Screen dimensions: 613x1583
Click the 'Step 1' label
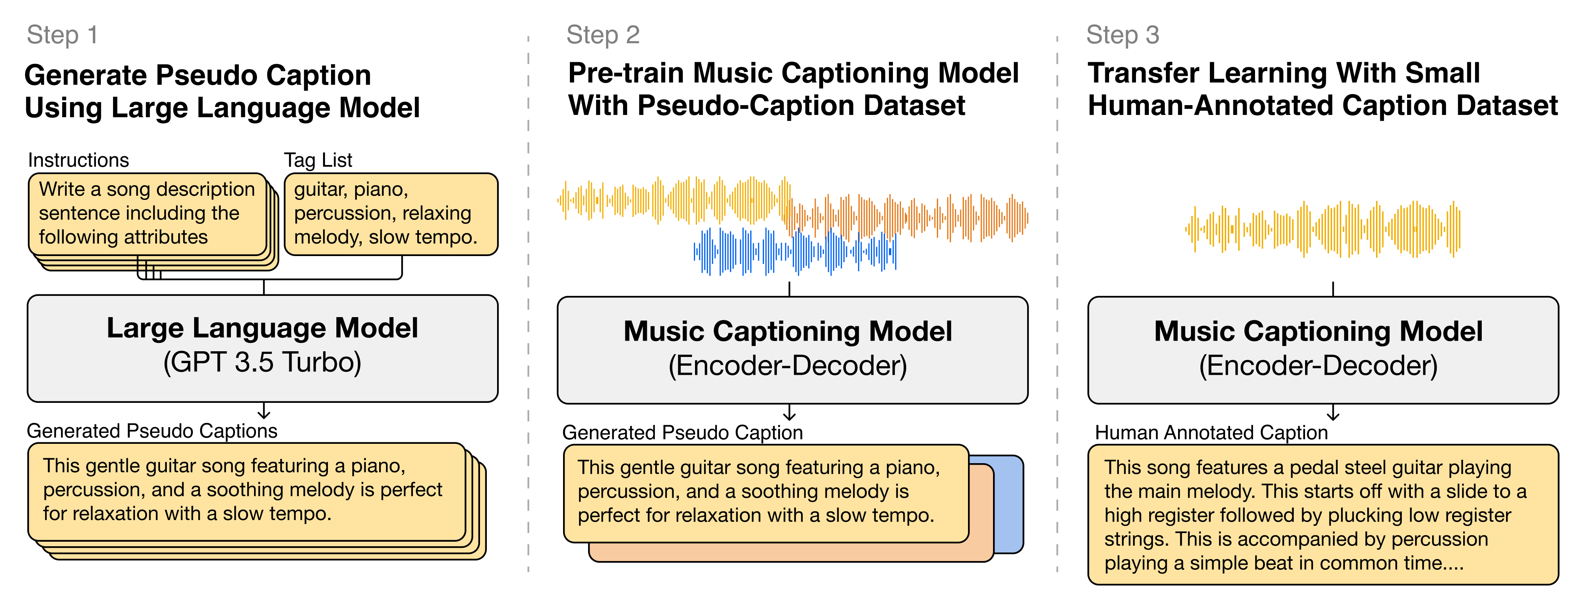[x=62, y=35]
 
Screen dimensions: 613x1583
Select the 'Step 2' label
[x=603, y=35]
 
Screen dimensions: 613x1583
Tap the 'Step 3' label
[x=1122, y=35]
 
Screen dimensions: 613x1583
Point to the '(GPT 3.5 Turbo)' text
[x=262, y=362]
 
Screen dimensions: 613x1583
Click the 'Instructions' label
[x=78, y=160]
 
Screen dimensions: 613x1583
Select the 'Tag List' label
[x=318, y=160]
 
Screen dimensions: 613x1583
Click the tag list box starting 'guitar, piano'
[x=391, y=213]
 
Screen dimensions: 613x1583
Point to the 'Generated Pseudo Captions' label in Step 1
[x=152, y=431]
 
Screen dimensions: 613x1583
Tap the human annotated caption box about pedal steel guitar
[x=1323, y=515]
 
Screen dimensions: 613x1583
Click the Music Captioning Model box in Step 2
[x=792, y=349]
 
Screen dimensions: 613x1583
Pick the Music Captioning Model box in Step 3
[x=1323, y=349]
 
